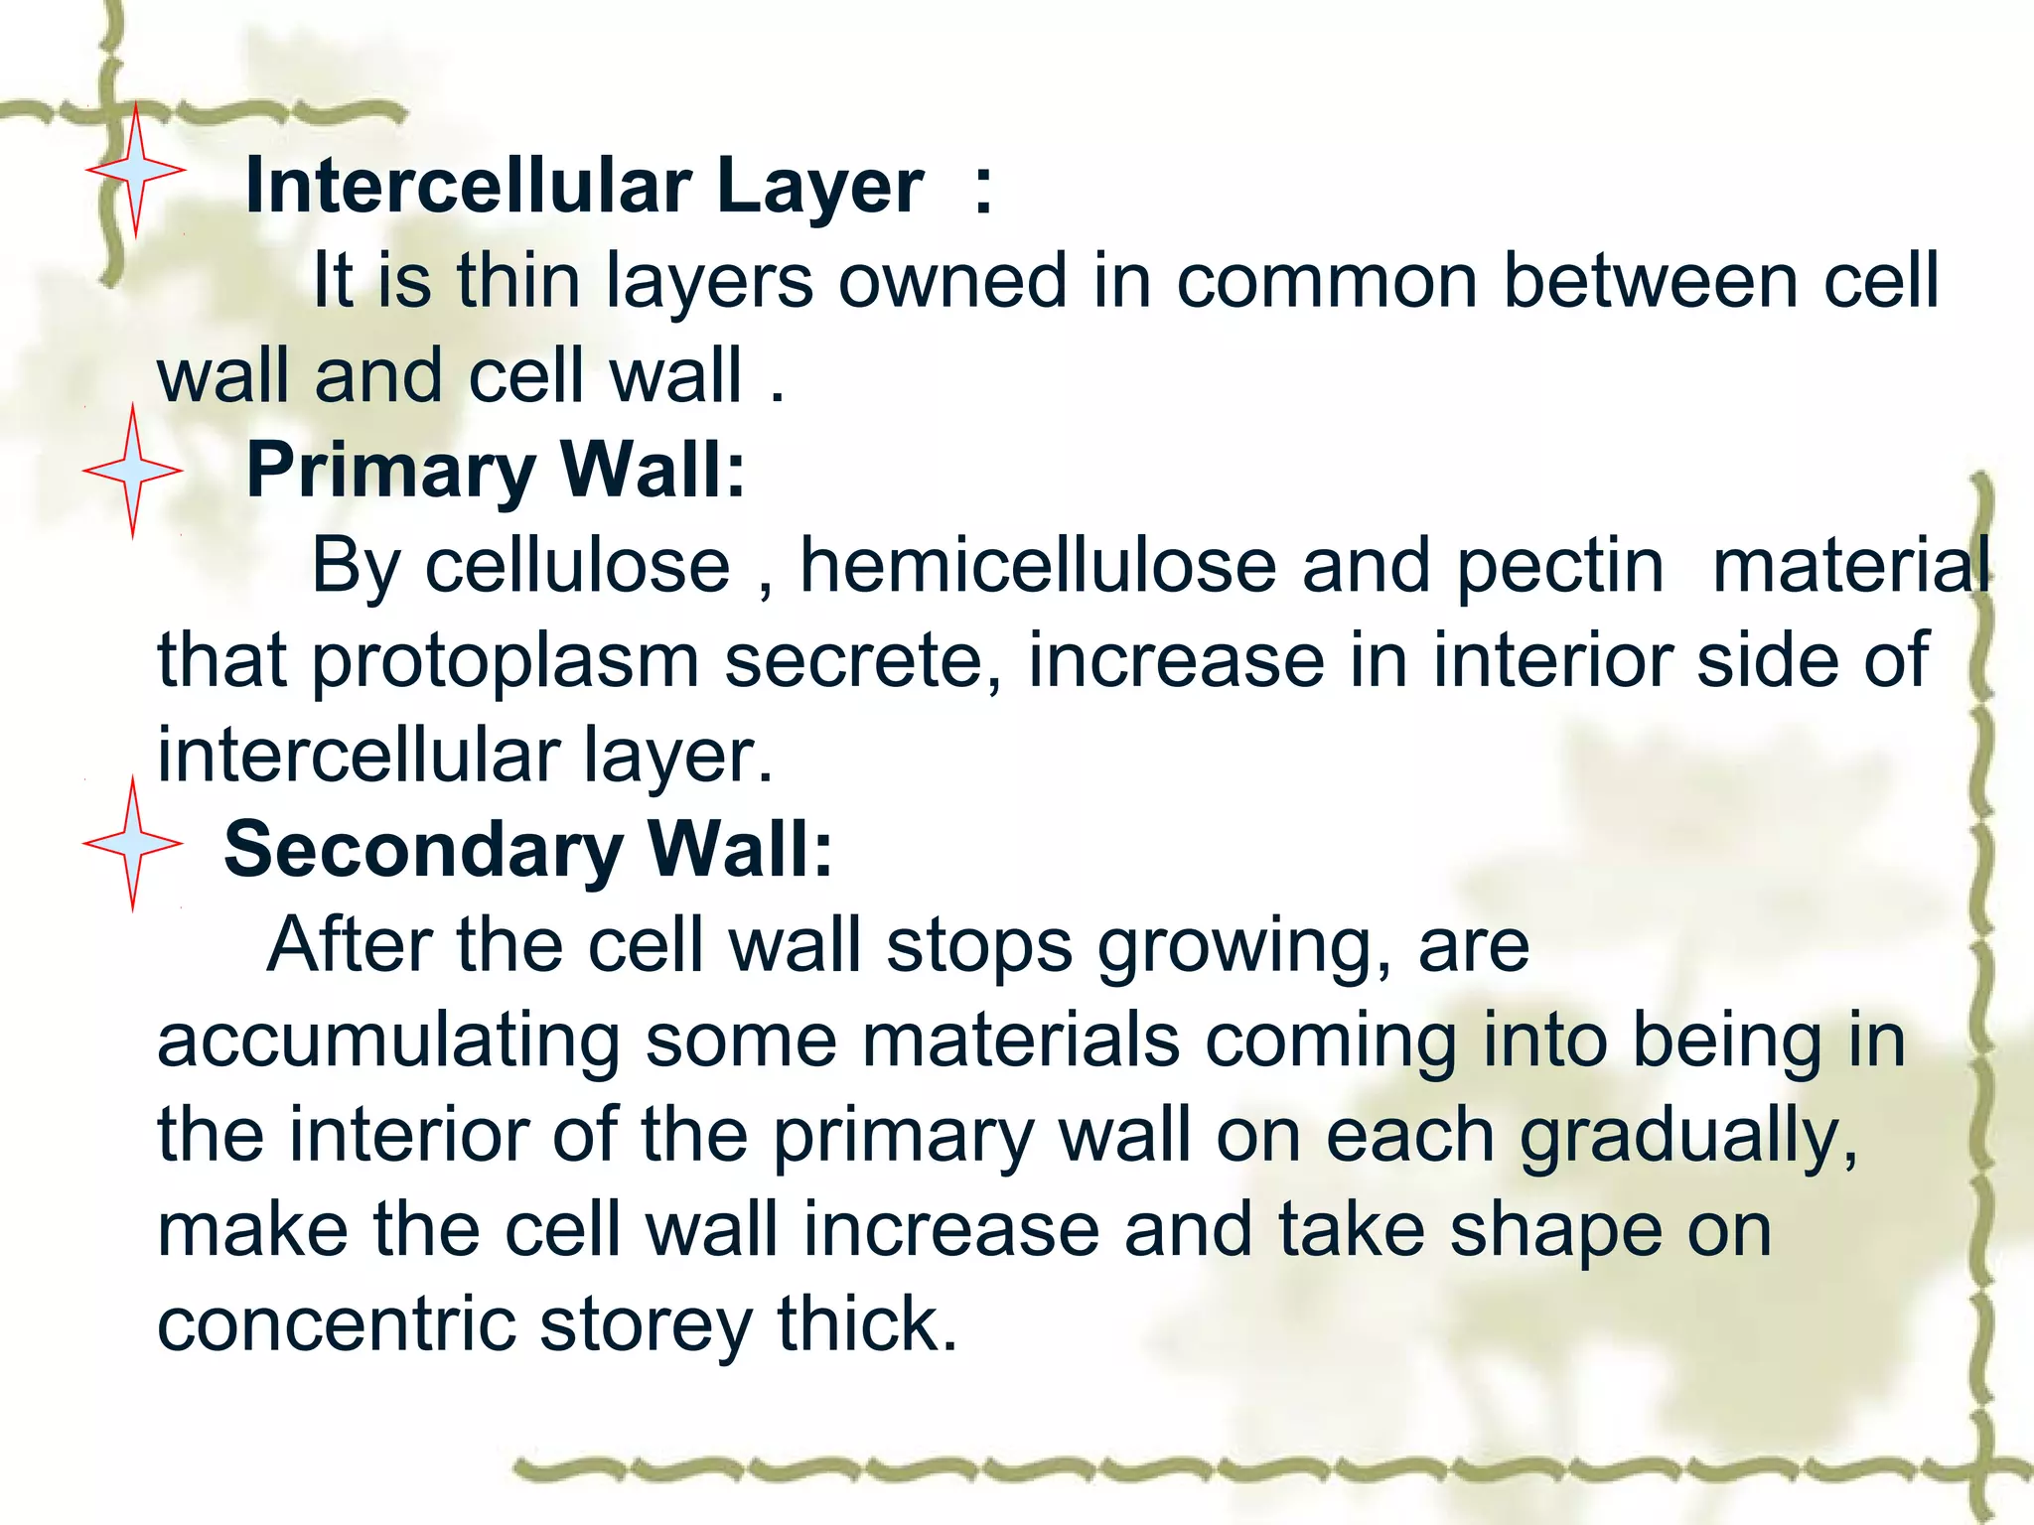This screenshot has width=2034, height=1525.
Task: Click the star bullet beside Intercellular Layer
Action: coord(135,171)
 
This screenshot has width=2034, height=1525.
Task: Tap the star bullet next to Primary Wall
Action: coord(133,471)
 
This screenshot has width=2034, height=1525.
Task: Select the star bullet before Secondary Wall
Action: coord(133,845)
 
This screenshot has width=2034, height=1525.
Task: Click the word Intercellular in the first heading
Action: coord(468,186)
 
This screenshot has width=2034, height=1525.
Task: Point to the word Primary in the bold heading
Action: coord(390,470)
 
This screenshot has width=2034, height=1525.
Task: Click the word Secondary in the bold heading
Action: coord(423,850)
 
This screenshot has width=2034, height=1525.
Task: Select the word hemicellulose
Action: coord(1038,566)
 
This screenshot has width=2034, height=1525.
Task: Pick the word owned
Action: coord(952,281)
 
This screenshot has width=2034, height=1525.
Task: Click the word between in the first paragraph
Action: coord(1650,281)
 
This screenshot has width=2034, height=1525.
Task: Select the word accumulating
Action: coord(388,1041)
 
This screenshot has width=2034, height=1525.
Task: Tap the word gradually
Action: coord(1688,1137)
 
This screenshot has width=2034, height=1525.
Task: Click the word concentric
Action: coord(336,1325)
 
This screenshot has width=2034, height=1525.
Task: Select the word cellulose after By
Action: coord(577,566)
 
